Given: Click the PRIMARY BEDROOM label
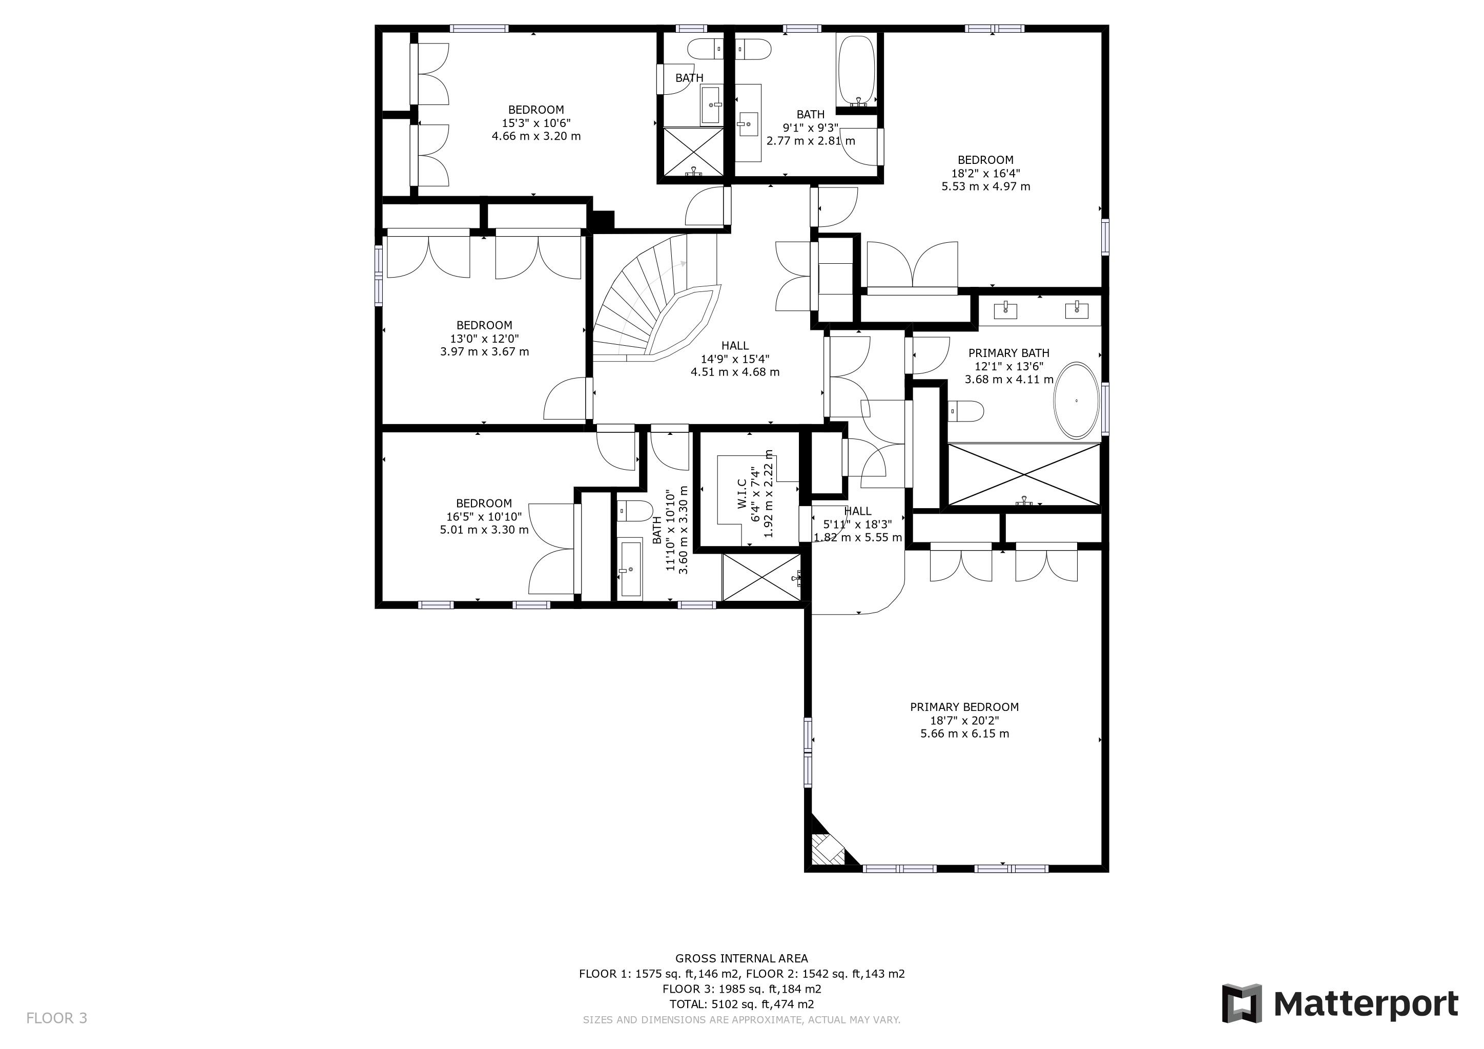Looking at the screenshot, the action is [x=964, y=707].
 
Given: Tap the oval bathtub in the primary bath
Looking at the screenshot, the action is [x=1076, y=401].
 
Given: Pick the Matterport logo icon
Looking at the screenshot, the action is [x=1241, y=1003].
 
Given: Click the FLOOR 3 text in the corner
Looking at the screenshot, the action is [x=56, y=1018].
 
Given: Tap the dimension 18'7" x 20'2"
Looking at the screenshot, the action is [x=964, y=720].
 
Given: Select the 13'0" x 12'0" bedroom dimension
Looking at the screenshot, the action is [x=484, y=339].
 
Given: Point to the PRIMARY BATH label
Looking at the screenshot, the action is [x=1008, y=353].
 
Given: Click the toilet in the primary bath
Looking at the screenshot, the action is [x=965, y=411].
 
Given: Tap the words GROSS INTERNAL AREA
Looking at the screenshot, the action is [x=741, y=958].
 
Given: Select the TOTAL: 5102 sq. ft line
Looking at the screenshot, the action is [x=741, y=1004].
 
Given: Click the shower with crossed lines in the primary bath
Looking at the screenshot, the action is [x=1024, y=475].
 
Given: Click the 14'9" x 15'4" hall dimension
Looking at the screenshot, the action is [x=735, y=359].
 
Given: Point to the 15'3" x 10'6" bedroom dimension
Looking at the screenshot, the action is [x=536, y=123].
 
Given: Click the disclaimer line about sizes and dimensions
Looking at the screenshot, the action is [x=741, y=1020].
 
